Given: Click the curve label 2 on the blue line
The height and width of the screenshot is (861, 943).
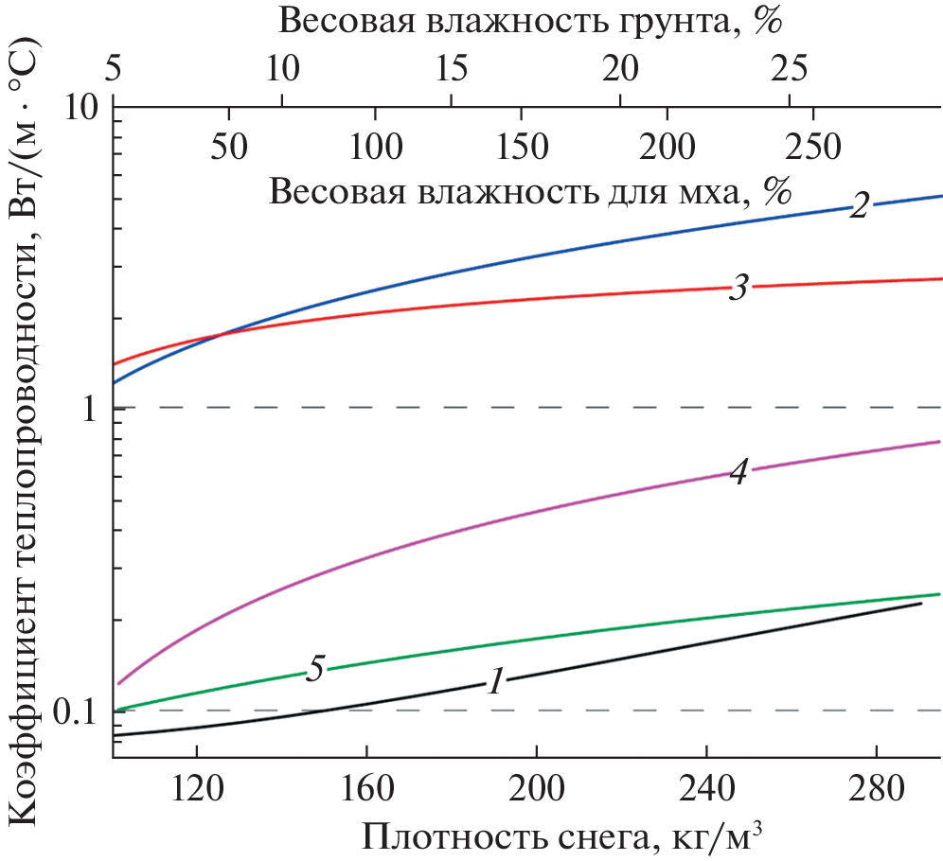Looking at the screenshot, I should [x=859, y=205].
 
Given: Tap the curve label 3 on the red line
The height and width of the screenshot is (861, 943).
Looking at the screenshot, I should [x=738, y=289].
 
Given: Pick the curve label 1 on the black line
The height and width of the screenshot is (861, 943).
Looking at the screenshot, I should [x=495, y=680].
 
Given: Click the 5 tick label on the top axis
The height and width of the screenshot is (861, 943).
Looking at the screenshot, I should [x=113, y=67].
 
